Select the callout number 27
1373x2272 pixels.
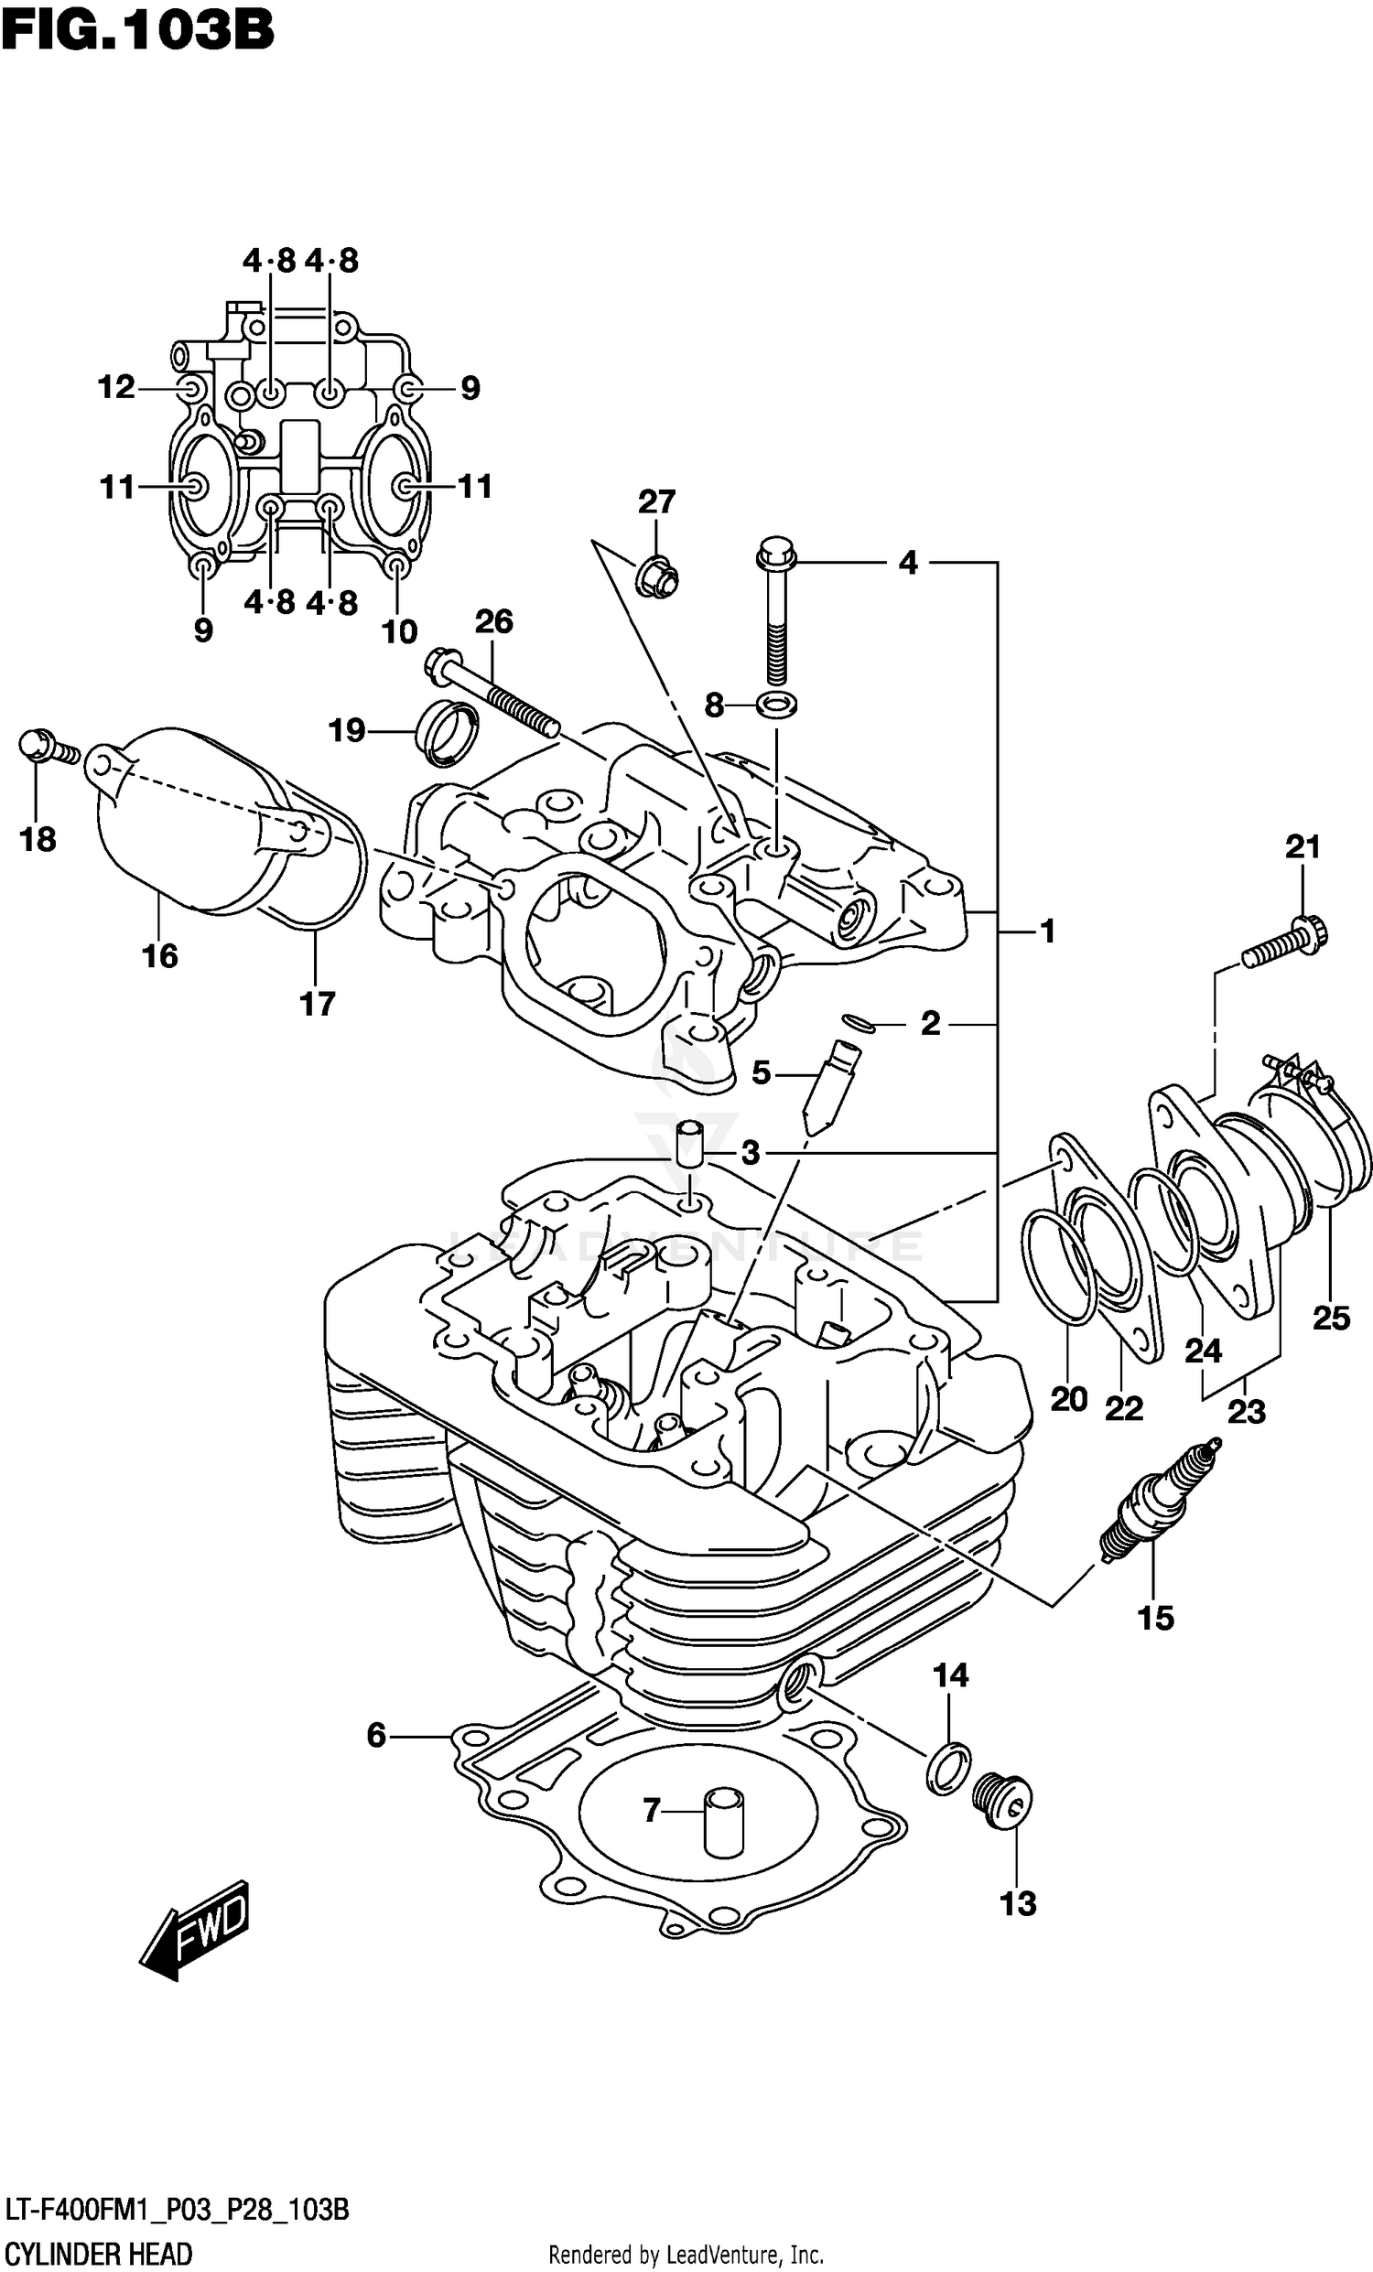pos(656,501)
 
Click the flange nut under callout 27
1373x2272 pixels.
pos(655,576)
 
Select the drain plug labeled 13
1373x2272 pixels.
pos(1003,1799)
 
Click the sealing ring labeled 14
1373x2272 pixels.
pos(948,1768)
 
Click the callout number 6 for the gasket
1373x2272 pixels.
pos(375,1736)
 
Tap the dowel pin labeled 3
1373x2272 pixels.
pos(688,1147)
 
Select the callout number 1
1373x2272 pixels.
pos(1047,931)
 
